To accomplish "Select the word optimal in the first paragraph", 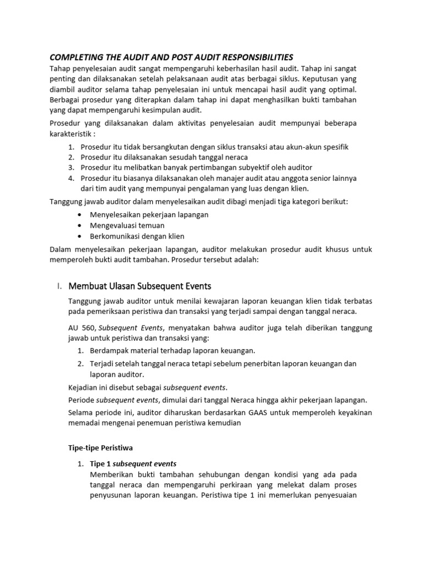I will (341, 89).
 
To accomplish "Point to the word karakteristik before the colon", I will (70, 134).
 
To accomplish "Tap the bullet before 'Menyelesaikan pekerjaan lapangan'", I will (81, 215).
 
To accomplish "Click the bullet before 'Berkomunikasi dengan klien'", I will (81, 236).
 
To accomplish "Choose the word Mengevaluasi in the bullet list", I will (112, 225).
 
